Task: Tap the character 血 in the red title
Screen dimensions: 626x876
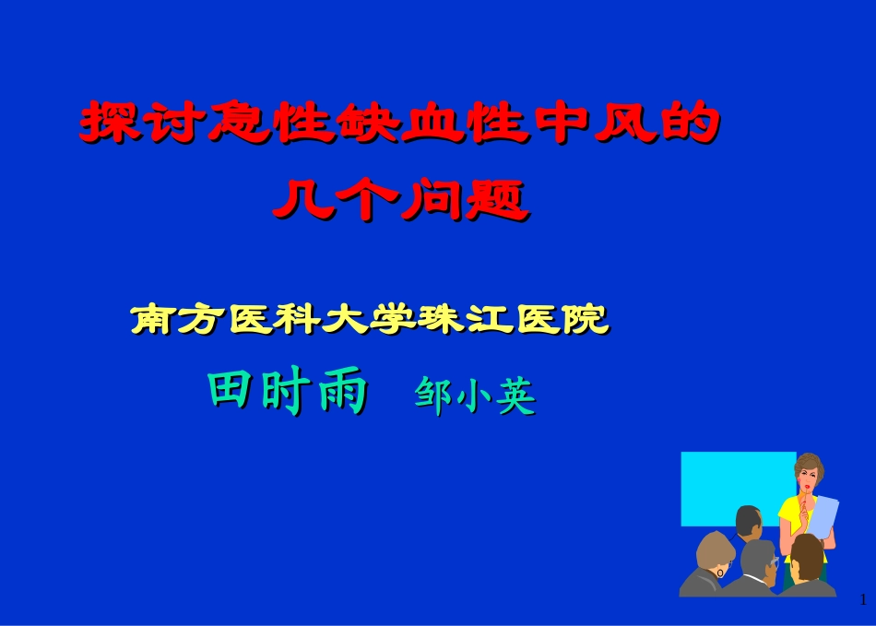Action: coord(430,124)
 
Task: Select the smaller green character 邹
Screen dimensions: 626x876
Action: coord(433,397)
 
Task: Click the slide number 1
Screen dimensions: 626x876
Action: coord(863,600)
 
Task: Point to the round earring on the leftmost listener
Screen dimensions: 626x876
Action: coord(720,573)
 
